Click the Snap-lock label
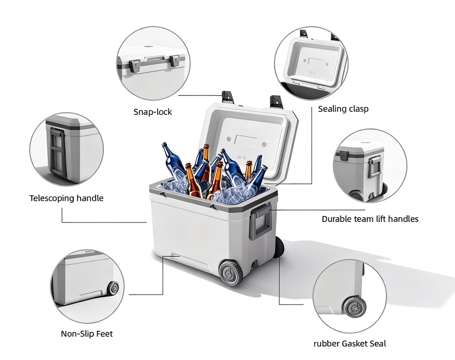[152, 112]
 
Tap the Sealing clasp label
[343, 109]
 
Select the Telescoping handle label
[66, 198]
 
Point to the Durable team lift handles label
[370, 219]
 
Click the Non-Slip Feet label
[87, 334]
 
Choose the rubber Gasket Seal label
[350, 344]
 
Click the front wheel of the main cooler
[231, 272]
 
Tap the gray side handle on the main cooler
[261, 221]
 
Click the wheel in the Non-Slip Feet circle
[112, 288]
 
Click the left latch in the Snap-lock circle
[135, 66]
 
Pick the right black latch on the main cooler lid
[276, 102]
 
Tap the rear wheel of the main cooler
[279, 247]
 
